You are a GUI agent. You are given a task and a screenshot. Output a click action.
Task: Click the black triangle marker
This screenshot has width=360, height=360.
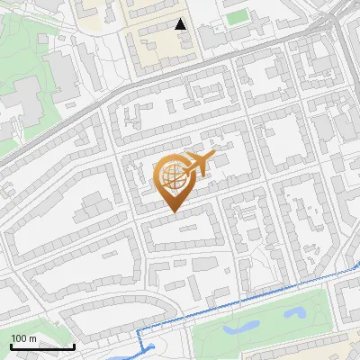tap(181, 24)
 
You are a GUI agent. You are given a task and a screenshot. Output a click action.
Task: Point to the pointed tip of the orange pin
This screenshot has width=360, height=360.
tap(172, 211)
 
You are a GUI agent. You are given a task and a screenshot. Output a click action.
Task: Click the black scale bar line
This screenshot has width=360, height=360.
tap(42, 346)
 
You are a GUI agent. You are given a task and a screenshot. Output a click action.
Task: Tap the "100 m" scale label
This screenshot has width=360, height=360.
tap(24, 338)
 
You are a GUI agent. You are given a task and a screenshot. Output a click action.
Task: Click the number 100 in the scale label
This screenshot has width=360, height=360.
tap(19, 338)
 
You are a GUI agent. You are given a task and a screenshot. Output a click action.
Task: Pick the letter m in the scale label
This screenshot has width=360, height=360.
tap(32, 339)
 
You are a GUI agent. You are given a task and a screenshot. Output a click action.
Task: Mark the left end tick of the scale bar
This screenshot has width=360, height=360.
tap(11, 345)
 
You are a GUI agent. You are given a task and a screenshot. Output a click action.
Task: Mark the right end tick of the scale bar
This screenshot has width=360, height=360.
tap(74, 345)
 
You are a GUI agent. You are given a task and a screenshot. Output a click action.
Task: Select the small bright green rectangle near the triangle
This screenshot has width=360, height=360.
tap(237, 17)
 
